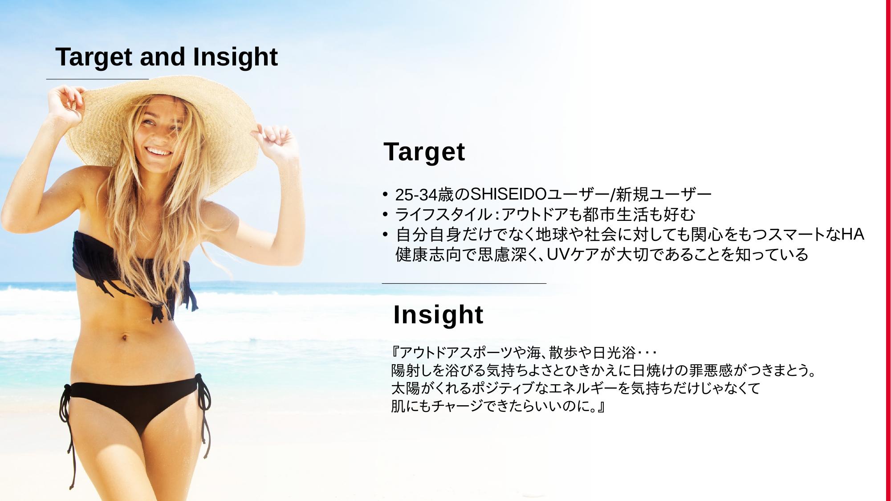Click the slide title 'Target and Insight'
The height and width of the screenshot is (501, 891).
tap(167, 57)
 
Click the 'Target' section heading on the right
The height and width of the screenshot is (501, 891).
tap(424, 152)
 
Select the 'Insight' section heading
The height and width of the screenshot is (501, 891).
tap(438, 315)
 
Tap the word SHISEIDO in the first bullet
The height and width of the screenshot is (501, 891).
tap(508, 195)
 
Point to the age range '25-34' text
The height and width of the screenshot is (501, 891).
tap(416, 195)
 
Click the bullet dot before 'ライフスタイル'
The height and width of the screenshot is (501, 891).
tap(385, 214)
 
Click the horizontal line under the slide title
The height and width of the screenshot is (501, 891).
tap(98, 79)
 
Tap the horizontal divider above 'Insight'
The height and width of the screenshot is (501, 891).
tap(464, 283)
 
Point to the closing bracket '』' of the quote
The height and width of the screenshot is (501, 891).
tap(601, 407)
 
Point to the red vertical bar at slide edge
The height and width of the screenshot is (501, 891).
tap(887, 250)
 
